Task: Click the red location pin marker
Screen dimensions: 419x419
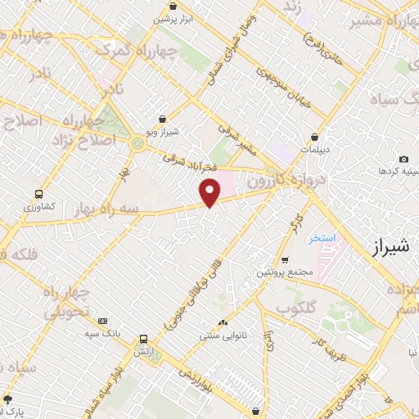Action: click(210, 193)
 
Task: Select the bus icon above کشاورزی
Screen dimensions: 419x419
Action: click(38, 195)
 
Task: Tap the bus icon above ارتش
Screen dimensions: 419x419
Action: click(144, 338)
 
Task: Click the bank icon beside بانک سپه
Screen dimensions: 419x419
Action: click(102, 322)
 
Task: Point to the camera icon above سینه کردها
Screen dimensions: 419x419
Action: click(403, 159)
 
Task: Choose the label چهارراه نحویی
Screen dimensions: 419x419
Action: click(65, 303)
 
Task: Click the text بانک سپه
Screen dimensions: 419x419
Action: click(103, 334)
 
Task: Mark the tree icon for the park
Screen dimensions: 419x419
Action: click(8, 399)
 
